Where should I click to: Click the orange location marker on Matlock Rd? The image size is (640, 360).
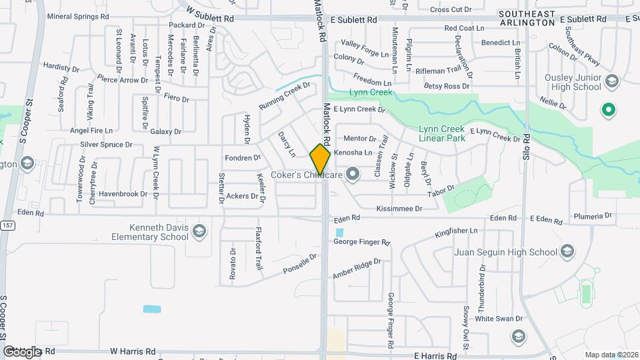320,160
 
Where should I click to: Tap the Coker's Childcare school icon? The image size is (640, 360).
353,175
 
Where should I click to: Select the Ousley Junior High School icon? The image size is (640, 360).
612,82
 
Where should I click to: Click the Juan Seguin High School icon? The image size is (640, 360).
567,252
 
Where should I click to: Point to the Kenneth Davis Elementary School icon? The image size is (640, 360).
198,232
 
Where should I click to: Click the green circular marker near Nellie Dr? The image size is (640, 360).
607,110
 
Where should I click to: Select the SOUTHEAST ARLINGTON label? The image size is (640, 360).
526,18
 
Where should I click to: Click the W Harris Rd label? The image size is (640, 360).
133,351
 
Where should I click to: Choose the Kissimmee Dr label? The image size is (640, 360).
399,209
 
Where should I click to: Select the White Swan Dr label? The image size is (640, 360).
493,319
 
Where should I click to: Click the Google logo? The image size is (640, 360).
21,351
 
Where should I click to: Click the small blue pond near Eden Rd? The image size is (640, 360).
340,233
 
